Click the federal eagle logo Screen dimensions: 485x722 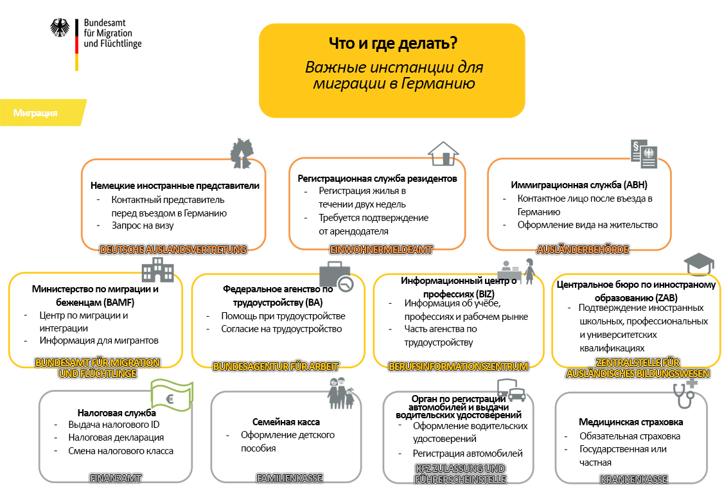tap(61, 28)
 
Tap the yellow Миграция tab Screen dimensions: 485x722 tap(36, 113)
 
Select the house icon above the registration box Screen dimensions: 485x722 tap(443, 154)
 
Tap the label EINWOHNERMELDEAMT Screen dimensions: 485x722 tap(381, 249)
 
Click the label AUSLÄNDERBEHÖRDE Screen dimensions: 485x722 tap(583, 249)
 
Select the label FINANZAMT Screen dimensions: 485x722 tap(116, 478)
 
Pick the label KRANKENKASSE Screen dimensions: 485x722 tap(633, 479)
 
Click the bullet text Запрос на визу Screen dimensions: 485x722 tap(143, 225)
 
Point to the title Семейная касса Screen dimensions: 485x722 tap(286, 422)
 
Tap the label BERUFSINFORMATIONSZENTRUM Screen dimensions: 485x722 tap(458, 367)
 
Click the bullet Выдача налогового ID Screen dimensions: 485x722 tap(114, 425)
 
